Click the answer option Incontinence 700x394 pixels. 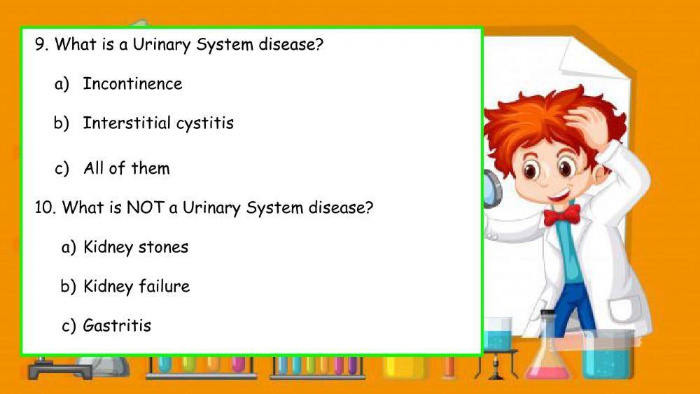132,83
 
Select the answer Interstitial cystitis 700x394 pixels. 158,123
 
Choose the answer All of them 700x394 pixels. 126,168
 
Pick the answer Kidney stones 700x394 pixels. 136,247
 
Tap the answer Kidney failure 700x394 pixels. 136,286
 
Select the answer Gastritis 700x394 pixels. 117,325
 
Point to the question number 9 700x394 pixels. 41,45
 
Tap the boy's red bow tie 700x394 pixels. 561,213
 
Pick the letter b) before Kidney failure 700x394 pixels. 68,286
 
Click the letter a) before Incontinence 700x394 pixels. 62,83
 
